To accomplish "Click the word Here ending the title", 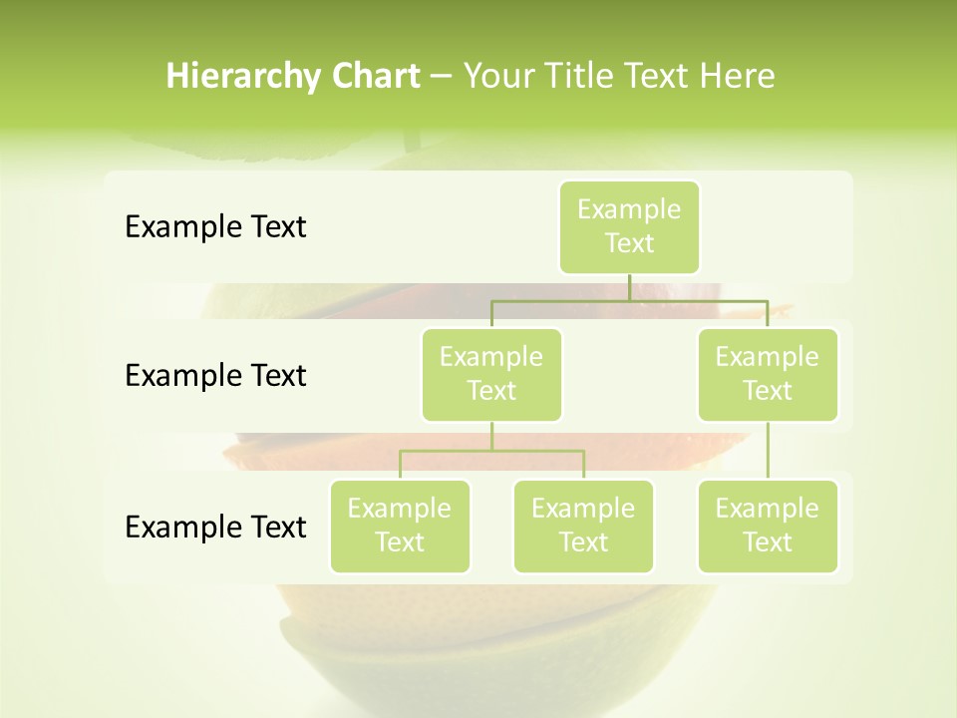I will [737, 76].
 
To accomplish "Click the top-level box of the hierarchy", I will [629, 226].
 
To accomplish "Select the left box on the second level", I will [491, 374].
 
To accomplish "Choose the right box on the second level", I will [768, 374].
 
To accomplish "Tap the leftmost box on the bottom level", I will [400, 526].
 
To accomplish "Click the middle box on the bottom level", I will [583, 526].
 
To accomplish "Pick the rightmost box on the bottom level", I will [768, 526].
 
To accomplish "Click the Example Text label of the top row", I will [215, 226].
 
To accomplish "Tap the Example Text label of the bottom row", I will [215, 527].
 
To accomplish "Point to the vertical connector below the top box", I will [629, 287].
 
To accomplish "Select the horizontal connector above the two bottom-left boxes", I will [491, 451].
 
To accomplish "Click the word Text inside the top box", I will [629, 243].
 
